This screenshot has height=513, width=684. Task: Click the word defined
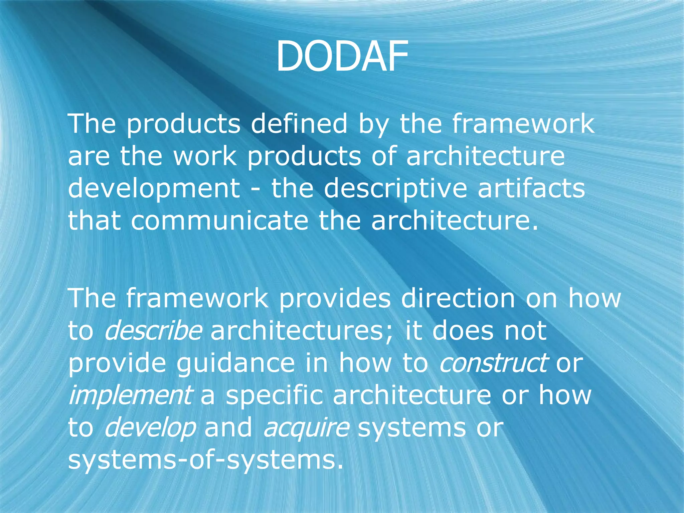299,124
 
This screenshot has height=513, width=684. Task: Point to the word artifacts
531,188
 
